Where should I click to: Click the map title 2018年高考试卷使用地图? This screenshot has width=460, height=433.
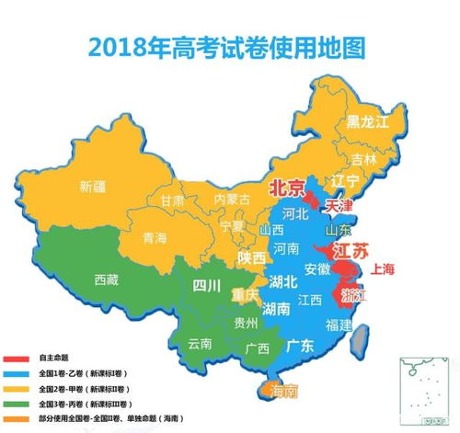(230, 42)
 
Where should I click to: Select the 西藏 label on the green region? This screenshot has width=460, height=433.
(106, 280)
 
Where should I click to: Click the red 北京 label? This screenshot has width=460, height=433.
(286, 188)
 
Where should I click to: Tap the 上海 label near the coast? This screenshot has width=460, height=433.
(382, 269)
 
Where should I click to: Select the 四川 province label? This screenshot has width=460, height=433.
(206, 285)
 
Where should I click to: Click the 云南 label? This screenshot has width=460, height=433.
(200, 344)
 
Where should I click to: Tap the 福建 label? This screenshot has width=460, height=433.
(340, 325)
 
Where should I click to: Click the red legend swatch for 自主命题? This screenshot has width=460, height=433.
(16, 358)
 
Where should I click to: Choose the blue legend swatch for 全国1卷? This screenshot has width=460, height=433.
(16, 372)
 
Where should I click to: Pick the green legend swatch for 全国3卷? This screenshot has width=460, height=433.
(16, 404)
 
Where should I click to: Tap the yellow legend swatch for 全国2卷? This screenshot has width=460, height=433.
(16, 388)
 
